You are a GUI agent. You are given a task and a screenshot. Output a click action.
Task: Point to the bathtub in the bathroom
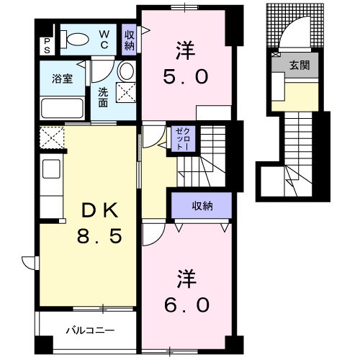click(63, 109)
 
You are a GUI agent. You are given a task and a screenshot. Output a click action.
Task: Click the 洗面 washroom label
click(103, 97)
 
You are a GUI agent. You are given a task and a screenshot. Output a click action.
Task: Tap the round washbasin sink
click(125, 71)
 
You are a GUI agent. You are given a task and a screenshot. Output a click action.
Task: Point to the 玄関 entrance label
click(300, 65)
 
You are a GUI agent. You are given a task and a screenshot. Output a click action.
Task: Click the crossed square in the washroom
click(127, 92)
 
